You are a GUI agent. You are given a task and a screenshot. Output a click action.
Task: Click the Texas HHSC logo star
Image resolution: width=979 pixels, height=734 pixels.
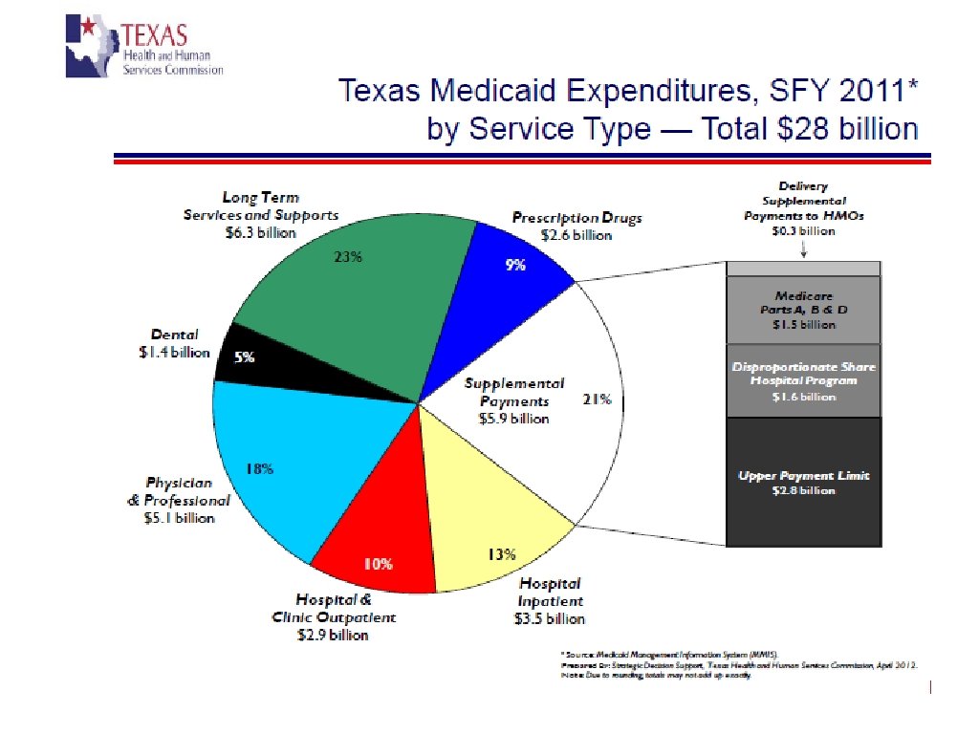coord(87,27)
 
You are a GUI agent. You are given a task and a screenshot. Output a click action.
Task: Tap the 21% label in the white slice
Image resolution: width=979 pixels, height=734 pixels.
coord(597,399)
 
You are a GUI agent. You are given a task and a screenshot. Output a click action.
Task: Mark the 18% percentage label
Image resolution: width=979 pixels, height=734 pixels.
coord(260,468)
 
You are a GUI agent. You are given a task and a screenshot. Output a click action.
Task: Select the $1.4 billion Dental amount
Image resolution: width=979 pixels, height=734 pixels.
coord(174,352)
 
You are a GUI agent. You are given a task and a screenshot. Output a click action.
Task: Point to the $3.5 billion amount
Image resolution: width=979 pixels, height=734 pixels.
coord(549,618)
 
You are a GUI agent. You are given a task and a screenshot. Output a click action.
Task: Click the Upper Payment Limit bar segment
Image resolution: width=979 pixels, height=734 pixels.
coord(803,483)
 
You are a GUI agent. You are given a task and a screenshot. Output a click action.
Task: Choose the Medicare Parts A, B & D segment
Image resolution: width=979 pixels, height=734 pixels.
coord(803,311)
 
